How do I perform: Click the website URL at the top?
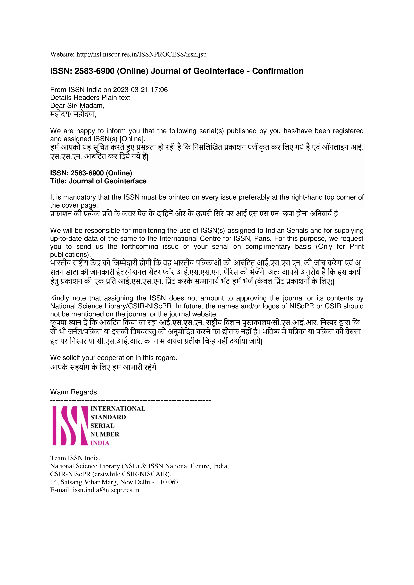pos(141,54)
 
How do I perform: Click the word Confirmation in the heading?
pos(278,71)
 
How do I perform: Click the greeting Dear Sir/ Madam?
pos(77,106)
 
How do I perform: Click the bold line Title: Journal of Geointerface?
pos(98,181)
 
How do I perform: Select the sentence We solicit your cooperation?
pos(113,358)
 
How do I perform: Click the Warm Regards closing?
pos(74,392)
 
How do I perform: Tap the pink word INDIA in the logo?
pos(100,443)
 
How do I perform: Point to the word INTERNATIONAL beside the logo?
pos(118,409)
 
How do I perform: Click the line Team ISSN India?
pos(75,458)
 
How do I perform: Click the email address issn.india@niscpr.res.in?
pos(106,490)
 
